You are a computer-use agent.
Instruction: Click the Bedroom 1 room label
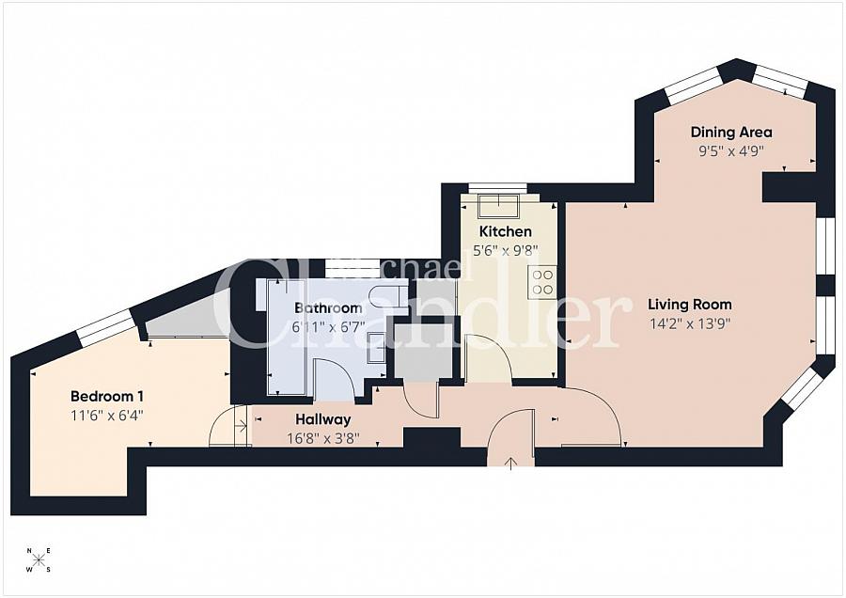tap(107, 397)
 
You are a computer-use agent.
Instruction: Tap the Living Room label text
tap(690, 305)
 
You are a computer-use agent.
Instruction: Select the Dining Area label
tap(731, 133)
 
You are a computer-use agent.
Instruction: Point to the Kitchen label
tap(506, 231)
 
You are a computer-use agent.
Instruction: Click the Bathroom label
tap(328, 308)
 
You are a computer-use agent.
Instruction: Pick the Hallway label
tap(322, 419)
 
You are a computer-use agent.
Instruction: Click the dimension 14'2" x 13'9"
tap(690, 323)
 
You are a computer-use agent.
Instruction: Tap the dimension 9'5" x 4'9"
tap(731, 151)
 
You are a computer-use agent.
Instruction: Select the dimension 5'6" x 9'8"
tap(506, 251)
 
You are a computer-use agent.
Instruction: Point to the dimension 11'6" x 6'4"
tap(107, 416)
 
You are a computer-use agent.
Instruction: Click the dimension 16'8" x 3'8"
tap(322, 438)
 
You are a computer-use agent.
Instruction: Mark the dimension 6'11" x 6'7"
tap(328, 327)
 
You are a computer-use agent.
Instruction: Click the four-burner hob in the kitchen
tap(542, 282)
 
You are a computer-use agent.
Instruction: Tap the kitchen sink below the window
tap(498, 205)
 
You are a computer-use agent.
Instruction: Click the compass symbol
tap(39, 560)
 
